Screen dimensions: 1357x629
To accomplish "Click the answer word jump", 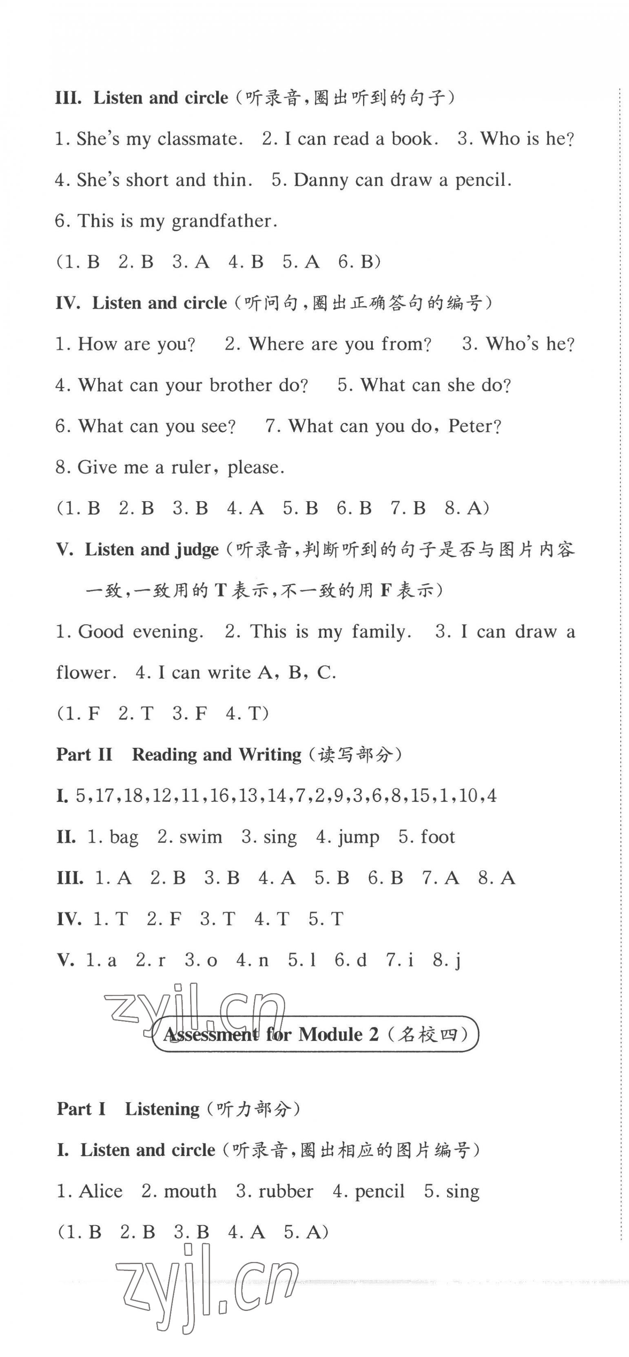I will coord(358,837).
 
